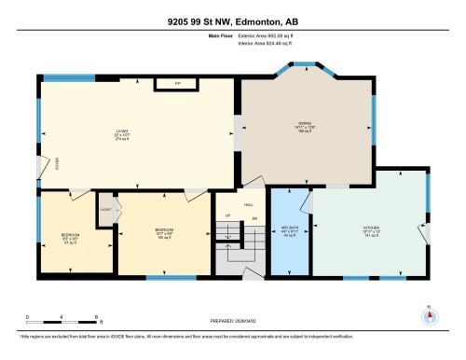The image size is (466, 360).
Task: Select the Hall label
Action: (249, 205)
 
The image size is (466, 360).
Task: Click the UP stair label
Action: (229, 218)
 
